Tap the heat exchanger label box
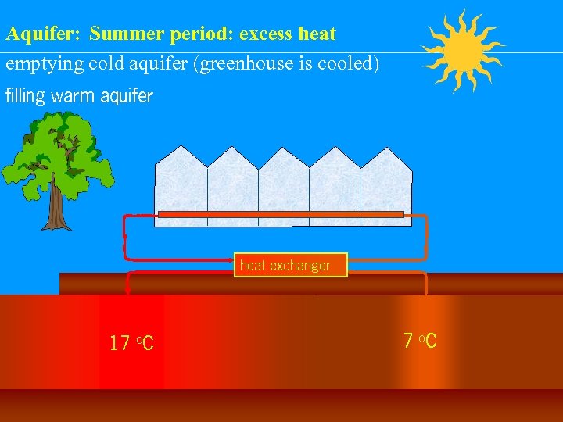[x=290, y=266]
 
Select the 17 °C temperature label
[x=131, y=342]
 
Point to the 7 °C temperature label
[x=420, y=341]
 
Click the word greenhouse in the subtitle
[x=250, y=63]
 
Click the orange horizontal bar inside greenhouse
[x=281, y=214]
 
